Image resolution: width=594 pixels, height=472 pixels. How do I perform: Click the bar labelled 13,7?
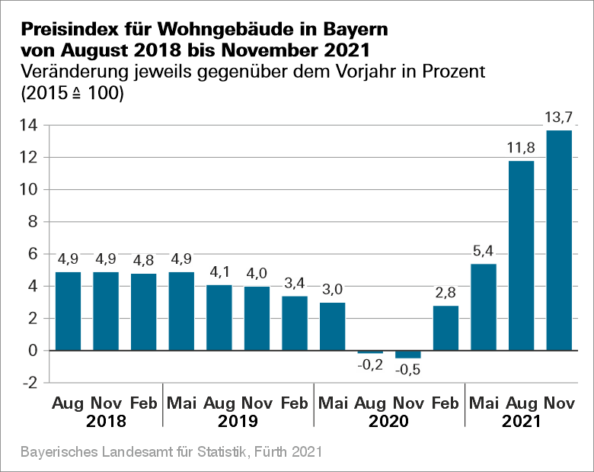point(559,240)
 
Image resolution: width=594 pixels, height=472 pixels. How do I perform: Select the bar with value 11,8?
point(522,255)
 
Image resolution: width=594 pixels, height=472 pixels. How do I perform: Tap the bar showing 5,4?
point(484,307)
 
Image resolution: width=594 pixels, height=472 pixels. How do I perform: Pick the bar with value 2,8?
point(445,328)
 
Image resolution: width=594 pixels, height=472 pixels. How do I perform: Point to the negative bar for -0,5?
point(408,355)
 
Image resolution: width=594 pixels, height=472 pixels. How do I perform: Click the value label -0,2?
point(370,365)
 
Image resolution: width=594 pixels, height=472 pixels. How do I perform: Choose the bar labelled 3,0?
point(332,326)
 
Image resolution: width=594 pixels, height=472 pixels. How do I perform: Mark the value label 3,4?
point(295,284)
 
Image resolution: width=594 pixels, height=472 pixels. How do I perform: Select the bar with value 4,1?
point(219,317)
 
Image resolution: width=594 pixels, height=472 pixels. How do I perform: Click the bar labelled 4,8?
point(144,312)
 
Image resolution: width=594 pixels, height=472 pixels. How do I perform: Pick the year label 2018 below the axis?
point(106,421)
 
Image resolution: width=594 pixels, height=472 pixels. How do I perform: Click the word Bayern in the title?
point(352,30)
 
